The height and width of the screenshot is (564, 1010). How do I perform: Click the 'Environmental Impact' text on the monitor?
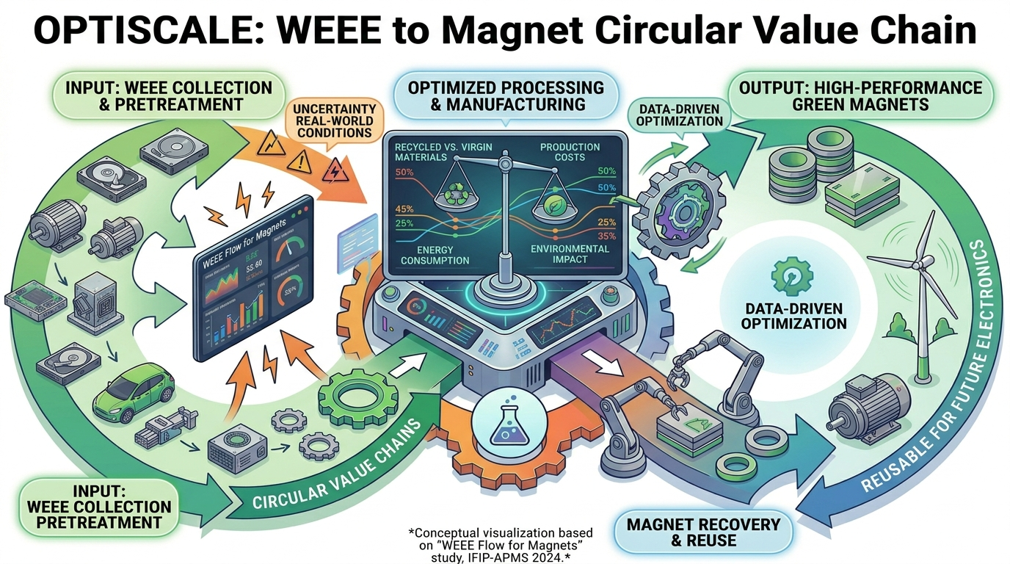coord(570,254)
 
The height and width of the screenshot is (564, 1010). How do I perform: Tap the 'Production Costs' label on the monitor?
coord(570,153)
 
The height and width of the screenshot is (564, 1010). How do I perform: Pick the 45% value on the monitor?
coord(404,209)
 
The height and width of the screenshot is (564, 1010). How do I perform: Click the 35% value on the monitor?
coord(606,236)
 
